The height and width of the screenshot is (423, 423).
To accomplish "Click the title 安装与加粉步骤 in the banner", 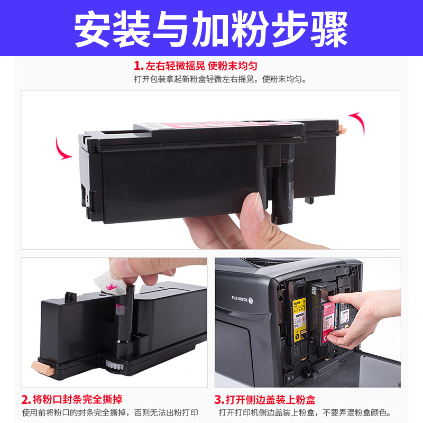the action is [210, 29].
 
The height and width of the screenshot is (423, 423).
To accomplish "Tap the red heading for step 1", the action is [196, 66].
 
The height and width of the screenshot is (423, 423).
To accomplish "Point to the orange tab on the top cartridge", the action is [342, 129].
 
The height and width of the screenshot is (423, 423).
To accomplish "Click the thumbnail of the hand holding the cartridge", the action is [211, 170].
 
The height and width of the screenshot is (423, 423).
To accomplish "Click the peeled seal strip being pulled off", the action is [111, 283].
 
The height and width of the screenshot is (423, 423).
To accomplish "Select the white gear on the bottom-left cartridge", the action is [114, 364].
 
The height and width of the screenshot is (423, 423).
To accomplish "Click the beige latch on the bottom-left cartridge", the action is [43, 368].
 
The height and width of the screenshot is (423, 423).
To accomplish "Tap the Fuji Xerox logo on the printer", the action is [242, 299].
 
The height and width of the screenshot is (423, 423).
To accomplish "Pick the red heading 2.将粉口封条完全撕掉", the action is [72, 400].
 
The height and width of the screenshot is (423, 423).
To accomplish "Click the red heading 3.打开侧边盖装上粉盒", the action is [265, 400].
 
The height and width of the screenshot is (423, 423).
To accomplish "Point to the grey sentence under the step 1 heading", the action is [220, 79].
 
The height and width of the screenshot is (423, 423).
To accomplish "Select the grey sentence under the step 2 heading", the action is [110, 412].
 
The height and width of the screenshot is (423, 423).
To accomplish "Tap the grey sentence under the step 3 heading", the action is [305, 412].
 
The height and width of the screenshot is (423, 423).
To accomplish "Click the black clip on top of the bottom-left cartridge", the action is [70, 297].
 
